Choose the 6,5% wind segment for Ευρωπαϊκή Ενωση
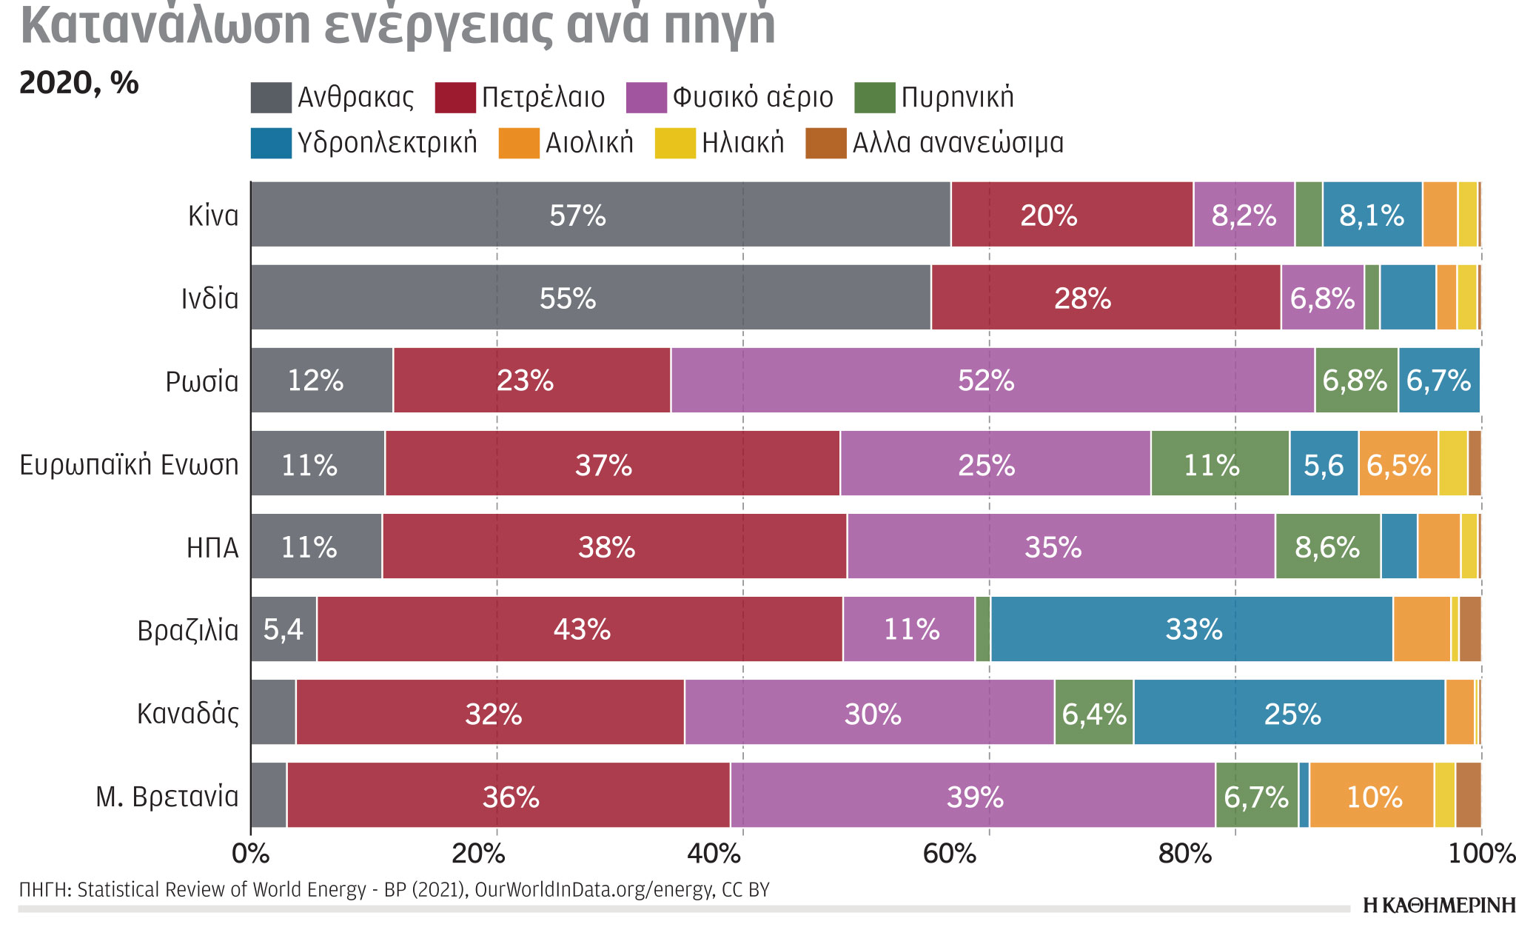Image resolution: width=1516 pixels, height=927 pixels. (x=1398, y=464)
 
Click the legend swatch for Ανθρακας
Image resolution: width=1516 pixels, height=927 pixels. (x=271, y=98)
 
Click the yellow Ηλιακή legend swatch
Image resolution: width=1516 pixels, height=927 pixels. (x=675, y=143)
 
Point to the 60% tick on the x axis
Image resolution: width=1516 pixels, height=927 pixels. (x=949, y=854)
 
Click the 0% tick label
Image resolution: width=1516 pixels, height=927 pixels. (x=250, y=854)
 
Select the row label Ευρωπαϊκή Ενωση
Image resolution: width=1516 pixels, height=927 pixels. (x=129, y=465)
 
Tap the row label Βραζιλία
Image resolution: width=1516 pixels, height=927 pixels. (x=188, y=631)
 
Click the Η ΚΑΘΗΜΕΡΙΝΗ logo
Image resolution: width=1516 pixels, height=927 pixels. (x=1438, y=906)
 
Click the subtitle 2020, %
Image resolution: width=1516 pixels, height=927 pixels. (x=78, y=83)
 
